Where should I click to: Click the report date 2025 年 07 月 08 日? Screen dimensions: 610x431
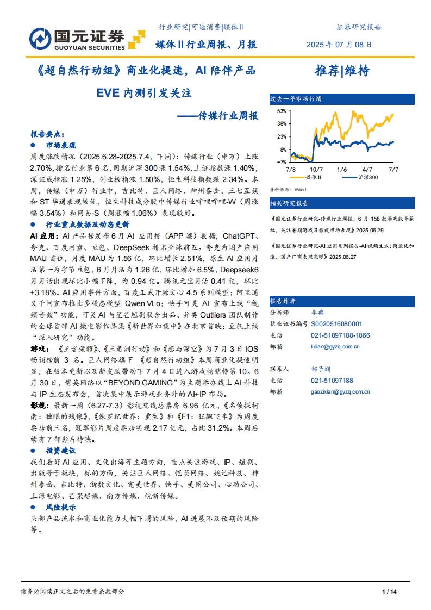[340, 45]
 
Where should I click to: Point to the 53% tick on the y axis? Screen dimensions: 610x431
[282, 111]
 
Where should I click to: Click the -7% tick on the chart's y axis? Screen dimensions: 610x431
[282, 162]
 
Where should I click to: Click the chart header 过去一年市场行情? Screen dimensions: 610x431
[296, 99]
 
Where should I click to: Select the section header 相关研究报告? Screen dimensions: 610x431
[290, 203]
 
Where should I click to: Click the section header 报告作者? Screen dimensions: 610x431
[283, 300]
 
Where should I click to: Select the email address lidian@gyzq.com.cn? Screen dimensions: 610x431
[335, 346]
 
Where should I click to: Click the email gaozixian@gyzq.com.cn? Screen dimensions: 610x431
[341, 391]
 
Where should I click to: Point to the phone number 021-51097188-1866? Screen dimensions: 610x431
[341, 335]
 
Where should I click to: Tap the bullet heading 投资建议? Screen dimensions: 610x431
[61, 451]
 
